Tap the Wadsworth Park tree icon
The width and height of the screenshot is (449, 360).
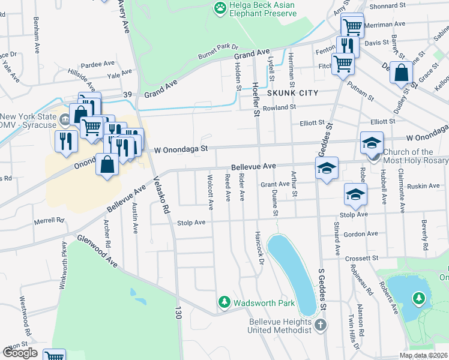pyautogui.click(x=224, y=302)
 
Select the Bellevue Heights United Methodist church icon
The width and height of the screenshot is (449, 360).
pyautogui.click(x=320, y=326)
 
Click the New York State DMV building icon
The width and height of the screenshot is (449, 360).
pyautogui.click(x=64, y=120)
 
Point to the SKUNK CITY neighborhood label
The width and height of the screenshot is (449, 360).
pyautogui.click(x=291, y=94)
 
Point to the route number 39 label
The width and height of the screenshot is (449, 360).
pyautogui.click(x=127, y=95)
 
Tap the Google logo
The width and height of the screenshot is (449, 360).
pyautogui.click(x=20, y=353)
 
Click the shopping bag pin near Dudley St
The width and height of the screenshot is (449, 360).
pyautogui.click(x=401, y=74)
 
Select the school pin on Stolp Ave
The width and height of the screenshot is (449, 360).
pyautogui.click(x=355, y=194)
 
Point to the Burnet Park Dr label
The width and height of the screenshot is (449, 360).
pyautogui.click(x=218, y=52)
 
